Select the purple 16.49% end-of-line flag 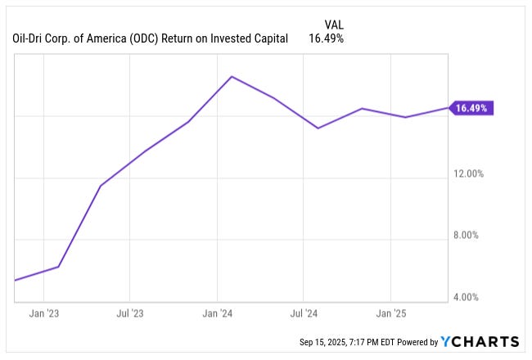coord(471,108)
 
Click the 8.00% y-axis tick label coord(475,236)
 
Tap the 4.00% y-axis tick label coord(475,297)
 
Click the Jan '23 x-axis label coord(43,313)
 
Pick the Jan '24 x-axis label coord(217,313)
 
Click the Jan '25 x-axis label coord(390,313)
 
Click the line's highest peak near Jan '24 coord(232,77)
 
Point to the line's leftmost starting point coord(16,281)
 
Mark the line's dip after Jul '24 coord(318,128)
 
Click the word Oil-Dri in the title coord(29,38)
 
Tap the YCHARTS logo coord(480,341)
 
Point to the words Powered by coord(415,342)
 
